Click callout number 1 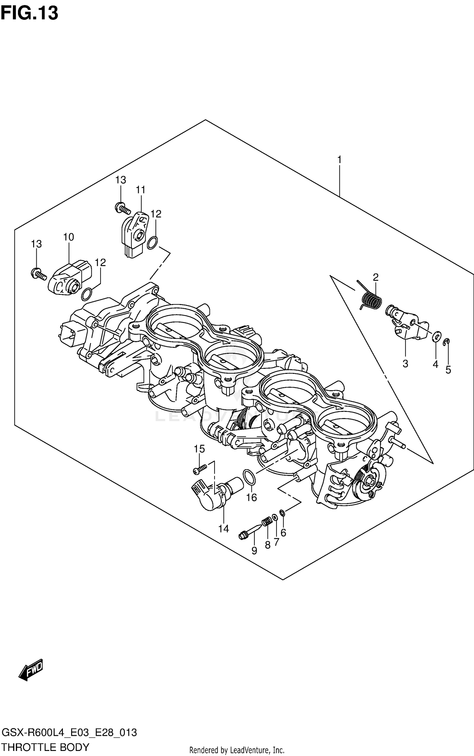(339, 160)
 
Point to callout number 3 (405, 364)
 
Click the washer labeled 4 (435, 337)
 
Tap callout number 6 (283, 533)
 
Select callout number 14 (223, 528)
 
